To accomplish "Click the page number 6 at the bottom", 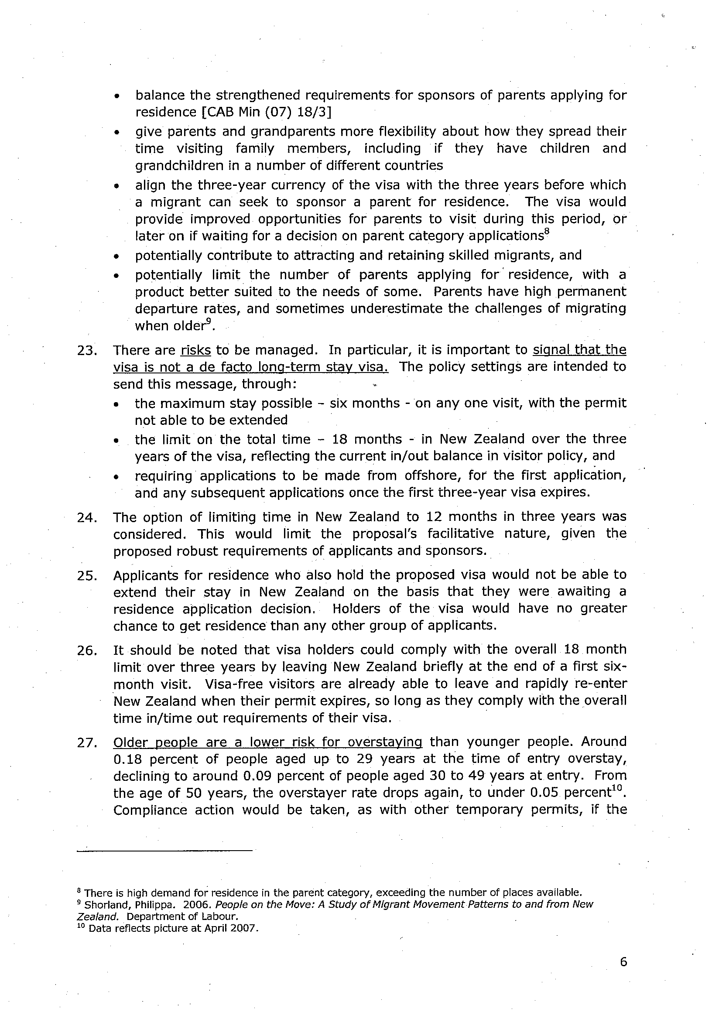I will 623,962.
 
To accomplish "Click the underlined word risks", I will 196,350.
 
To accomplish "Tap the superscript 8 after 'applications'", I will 548,232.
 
